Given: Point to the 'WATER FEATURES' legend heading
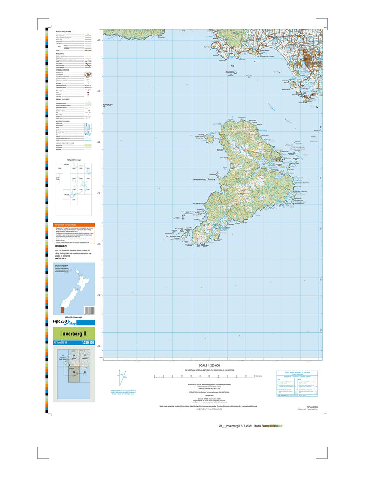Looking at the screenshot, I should point(63,121).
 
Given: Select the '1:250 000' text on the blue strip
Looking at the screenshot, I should point(88,343).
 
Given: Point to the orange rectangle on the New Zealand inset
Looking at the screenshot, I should point(63,310).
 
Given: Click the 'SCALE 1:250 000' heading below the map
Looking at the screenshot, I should point(209,365).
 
